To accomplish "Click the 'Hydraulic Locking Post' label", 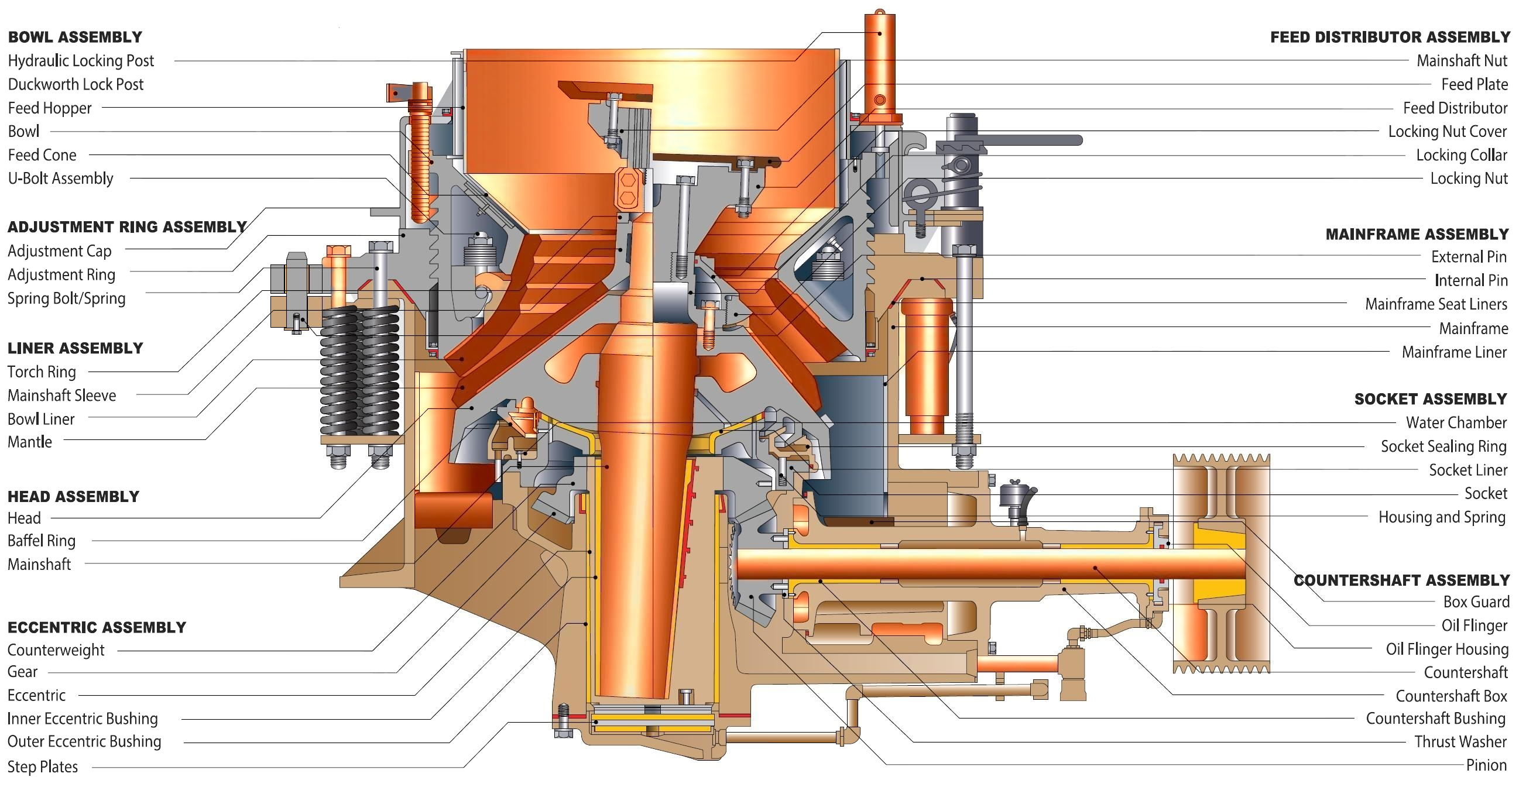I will tap(81, 61).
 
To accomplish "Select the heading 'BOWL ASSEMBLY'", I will tap(75, 37).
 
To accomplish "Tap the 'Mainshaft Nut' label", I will tap(1461, 61).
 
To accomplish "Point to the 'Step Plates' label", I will tap(43, 766).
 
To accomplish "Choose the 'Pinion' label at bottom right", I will tap(1486, 765).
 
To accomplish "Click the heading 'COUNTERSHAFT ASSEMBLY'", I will tap(1401, 580).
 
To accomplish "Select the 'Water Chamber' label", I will tap(1455, 422).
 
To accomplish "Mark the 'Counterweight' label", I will tap(56, 649).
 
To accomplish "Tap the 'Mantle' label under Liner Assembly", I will tap(29, 442).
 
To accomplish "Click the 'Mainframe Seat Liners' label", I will tap(1435, 304).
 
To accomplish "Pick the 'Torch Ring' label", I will tap(42, 372).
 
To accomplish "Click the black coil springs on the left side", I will tap(359, 372).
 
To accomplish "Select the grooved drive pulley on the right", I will tap(1220, 563).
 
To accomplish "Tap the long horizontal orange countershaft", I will tap(990, 564).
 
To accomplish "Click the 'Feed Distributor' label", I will tap(1454, 108).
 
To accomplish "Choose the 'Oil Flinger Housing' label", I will tap(1446, 648).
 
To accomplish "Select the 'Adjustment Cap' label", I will tap(60, 250).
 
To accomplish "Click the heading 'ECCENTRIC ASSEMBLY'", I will tap(97, 627).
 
